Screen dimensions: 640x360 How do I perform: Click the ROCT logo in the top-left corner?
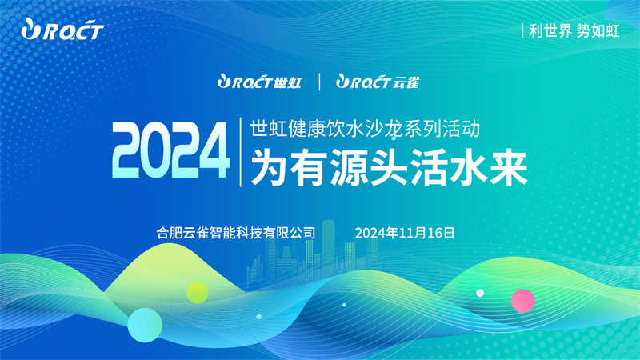[x=62, y=30]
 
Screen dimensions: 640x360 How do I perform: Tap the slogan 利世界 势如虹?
[x=574, y=31]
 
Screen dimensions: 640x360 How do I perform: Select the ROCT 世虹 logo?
[x=259, y=82]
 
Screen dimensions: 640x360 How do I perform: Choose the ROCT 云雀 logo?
[x=378, y=82]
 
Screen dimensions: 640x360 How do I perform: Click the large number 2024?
[x=170, y=150]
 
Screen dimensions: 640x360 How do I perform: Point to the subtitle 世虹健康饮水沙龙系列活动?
[x=365, y=129]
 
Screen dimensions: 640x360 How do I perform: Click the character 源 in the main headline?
[x=349, y=167]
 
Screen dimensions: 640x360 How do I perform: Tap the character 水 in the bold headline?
[x=468, y=167]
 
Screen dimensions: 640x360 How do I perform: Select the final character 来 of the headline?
[x=509, y=167]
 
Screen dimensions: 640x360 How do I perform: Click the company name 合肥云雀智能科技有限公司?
[x=236, y=233]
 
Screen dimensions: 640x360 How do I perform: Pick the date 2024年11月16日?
[x=405, y=233]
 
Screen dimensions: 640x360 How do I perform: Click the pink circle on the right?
[x=523, y=301]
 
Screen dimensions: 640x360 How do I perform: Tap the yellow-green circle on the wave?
[x=197, y=293]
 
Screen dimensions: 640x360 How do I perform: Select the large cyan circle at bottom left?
[x=145, y=326]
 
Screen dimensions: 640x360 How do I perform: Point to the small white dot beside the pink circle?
[x=480, y=293]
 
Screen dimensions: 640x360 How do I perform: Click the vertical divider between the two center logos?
[x=319, y=82]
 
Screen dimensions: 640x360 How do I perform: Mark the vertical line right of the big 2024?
[x=240, y=152]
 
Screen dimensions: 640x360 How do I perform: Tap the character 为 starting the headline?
[x=270, y=167]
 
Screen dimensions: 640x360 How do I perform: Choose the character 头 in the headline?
[x=389, y=167]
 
